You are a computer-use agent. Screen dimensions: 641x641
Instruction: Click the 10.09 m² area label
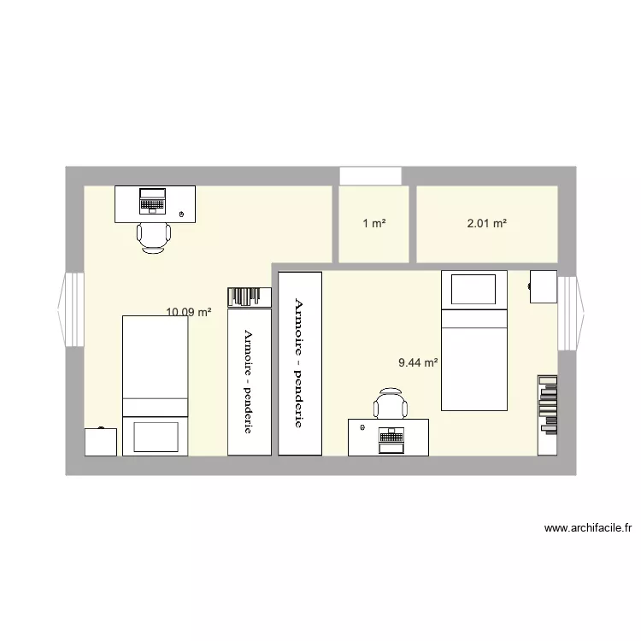click(x=189, y=312)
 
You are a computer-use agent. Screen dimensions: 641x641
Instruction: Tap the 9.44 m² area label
click(x=418, y=362)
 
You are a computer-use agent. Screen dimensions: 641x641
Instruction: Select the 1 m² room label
click(x=373, y=224)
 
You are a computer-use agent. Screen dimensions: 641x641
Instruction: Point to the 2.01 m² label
click(x=486, y=224)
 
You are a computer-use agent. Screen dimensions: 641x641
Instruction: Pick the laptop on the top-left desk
click(x=153, y=200)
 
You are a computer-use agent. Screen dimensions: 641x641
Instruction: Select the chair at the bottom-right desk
click(x=391, y=404)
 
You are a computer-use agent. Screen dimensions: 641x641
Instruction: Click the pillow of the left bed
click(x=155, y=436)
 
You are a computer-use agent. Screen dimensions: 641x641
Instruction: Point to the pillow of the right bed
click(x=473, y=288)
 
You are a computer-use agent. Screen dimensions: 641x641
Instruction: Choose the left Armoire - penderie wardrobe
click(x=249, y=380)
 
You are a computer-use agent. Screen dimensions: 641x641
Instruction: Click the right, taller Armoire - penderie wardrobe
click(x=299, y=363)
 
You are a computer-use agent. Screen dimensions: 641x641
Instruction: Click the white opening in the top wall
click(x=370, y=175)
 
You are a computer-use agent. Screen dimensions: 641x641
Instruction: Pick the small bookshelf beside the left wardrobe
click(x=249, y=297)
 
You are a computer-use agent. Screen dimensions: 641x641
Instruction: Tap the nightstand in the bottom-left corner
click(x=102, y=442)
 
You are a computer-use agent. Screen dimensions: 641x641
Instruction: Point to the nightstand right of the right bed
click(x=542, y=285)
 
